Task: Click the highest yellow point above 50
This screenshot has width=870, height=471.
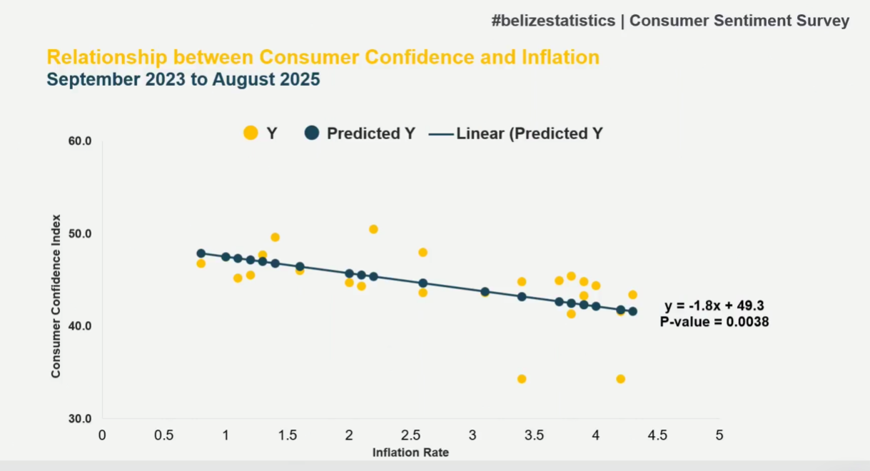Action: click(x=373, y=229)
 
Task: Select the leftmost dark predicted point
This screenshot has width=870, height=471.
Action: click(x=201, y=253)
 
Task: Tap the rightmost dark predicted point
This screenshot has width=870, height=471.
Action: click(x=632, y=311)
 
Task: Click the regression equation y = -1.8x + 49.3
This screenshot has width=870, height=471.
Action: click(x=715, y=306)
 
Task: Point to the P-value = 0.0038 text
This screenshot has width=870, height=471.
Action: click(x=714, y=322)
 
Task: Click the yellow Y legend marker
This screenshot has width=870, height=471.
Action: click(x=251, y=133)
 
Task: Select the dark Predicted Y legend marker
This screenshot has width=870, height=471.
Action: click(x=311, y=133)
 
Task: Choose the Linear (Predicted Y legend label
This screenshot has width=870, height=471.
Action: click(x=529, y=133)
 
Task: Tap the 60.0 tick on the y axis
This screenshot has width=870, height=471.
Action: click(x=81, y=141)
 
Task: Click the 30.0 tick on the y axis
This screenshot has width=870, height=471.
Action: click(x=81, y=419)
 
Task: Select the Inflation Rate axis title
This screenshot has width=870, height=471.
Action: click(x=410, y=452)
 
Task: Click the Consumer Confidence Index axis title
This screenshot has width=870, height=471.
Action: click(x=56, y=295)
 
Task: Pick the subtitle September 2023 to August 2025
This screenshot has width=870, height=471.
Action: click(x=183, y=80)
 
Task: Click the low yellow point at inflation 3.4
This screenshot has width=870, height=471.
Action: click(x=522, y=379)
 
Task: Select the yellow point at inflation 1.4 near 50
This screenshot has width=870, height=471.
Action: click(x=275, y=237)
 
